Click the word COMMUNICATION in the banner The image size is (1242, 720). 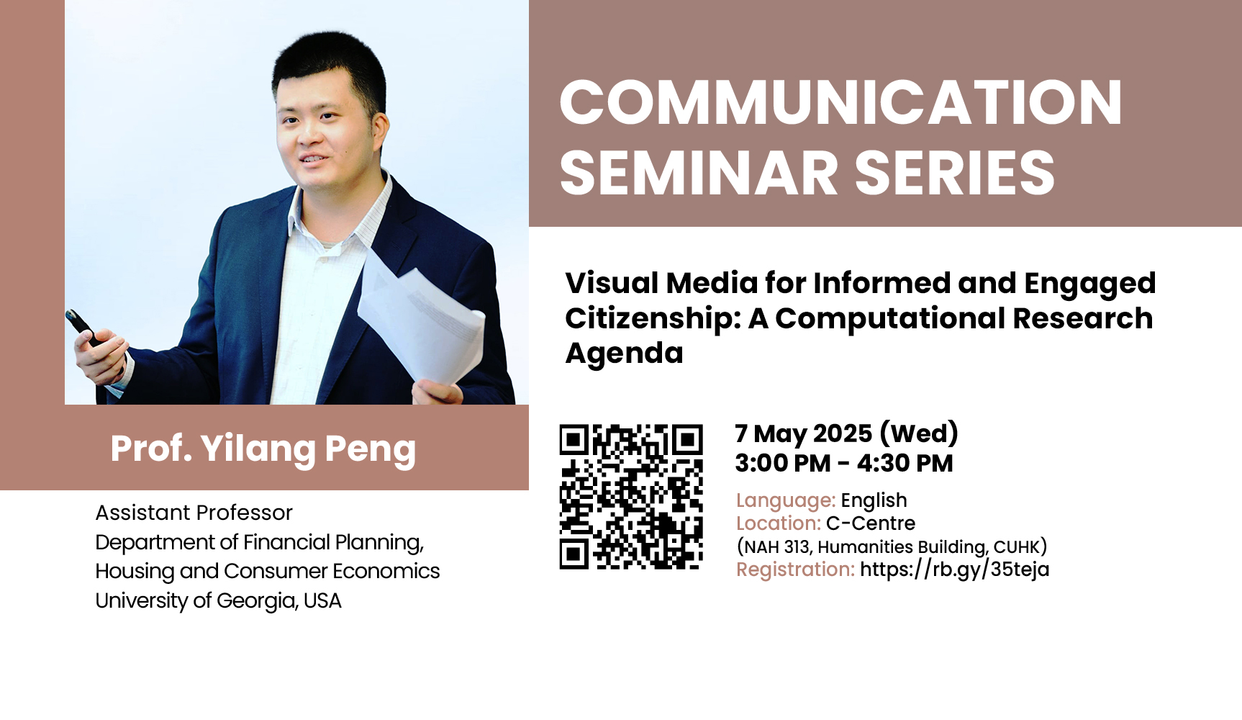(x=840, y=102)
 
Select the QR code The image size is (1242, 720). (x=631, y=497)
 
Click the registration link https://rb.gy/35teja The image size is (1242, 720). (x=954, y=569)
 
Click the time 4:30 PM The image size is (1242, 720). (x=905, y=463)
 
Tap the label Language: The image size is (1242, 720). (x=786, y=500)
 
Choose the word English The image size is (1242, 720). (x=874, y=500)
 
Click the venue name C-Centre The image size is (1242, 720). (x=871, y=523)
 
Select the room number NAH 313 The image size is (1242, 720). (x=776, y=546)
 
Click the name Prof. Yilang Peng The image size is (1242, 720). (x=263, y=449)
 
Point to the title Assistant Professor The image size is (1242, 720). (x=194, y=513)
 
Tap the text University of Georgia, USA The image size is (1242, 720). (x=218, y=600)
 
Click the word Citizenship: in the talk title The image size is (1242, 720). (x=653, y=318)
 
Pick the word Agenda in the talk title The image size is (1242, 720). (x=624, y=353)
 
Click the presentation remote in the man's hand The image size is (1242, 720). (x=82, y=326)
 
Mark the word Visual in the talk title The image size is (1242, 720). (x=612, y=283)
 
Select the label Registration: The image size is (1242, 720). (x=795, y=570)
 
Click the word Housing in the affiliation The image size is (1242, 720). (x=135, y=572)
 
